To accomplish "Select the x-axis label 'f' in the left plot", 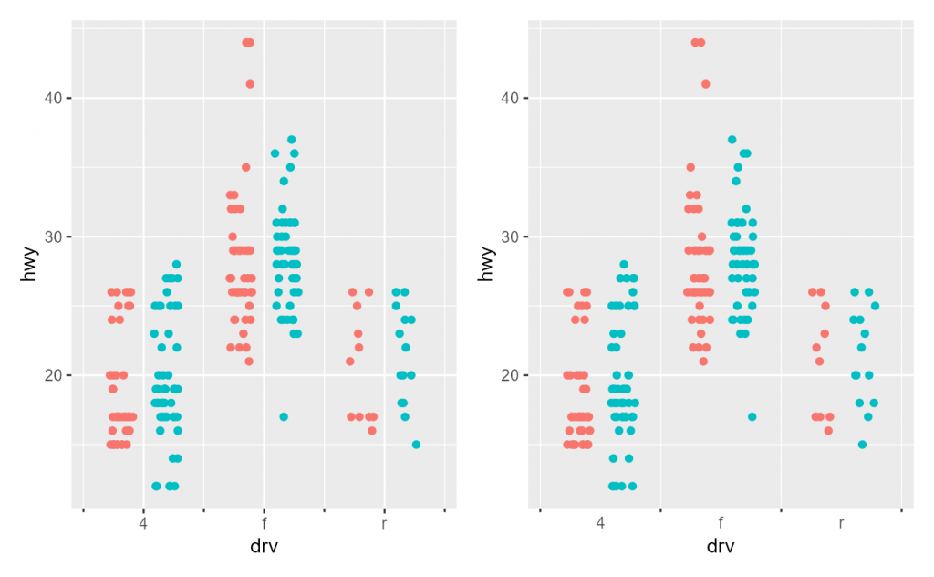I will coord(264,524).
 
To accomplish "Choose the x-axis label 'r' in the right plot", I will coord(841,524).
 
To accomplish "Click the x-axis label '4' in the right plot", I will coord(600,524).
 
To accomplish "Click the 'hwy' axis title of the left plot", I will coord(30,264).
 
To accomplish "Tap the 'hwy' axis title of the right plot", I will coord(487,264).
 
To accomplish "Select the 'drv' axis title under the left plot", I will coord(264,547).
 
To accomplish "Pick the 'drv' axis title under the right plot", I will coord(721,547).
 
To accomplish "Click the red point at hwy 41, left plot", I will coord(250,84).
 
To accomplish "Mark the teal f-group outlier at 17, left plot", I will coord(284,417).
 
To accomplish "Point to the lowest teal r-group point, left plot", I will coord(416,445).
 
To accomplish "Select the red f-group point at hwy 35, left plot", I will coord(245,167).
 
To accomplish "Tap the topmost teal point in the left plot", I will coord(292,140).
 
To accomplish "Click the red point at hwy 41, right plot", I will coord(705,84).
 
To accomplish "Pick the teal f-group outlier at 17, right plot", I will coord(752,417).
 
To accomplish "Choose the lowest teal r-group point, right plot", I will coord(862,445).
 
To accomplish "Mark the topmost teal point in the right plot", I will coord(732,140).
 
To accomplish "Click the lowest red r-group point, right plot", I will coord(828,431).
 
